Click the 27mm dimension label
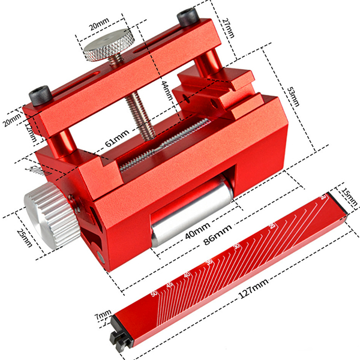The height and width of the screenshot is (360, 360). (229, 27)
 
